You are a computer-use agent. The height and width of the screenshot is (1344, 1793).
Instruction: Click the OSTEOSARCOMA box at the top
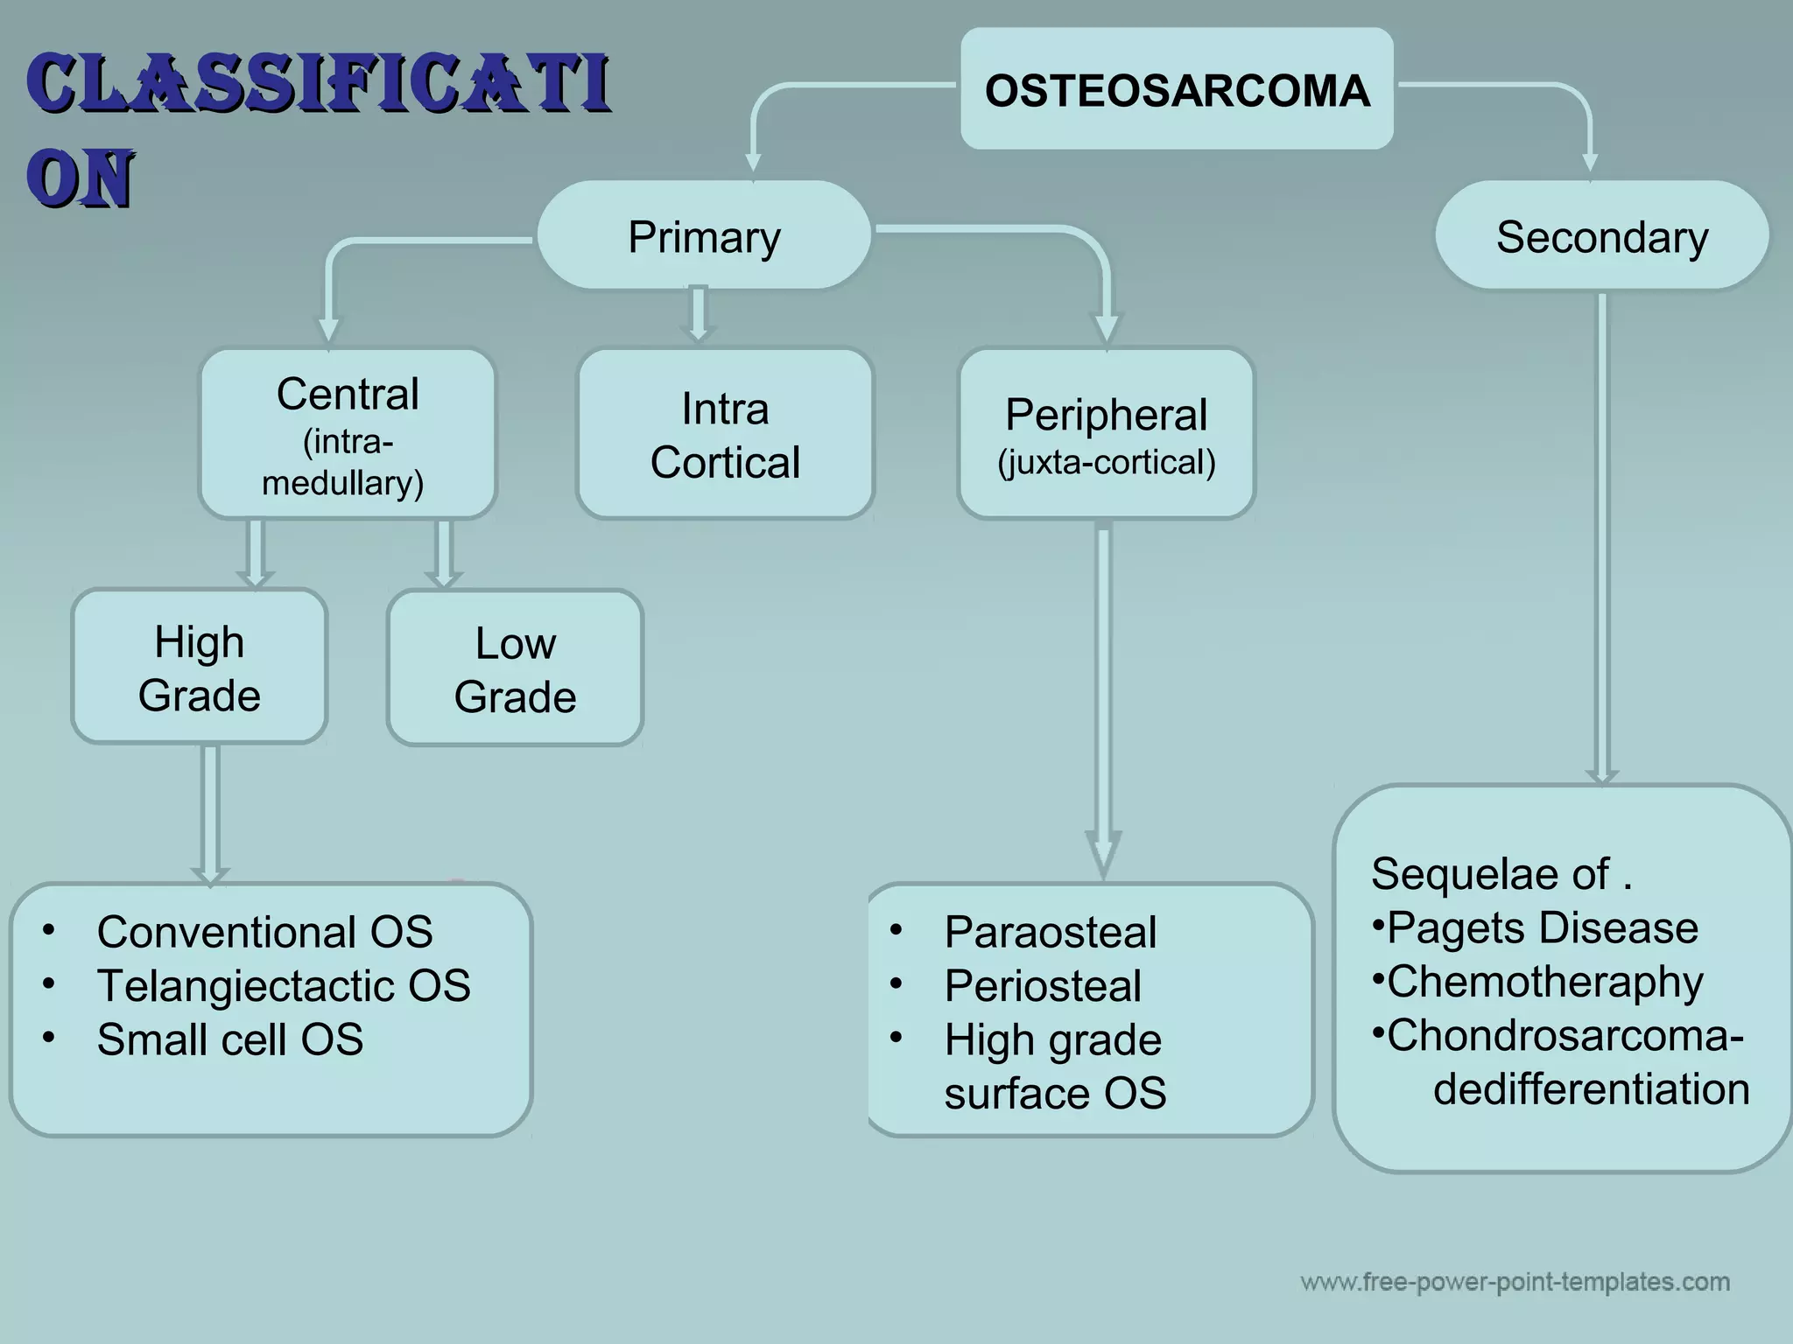(x=1177, y=90)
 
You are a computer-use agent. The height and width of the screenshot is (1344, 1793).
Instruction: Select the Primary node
(x=704, y=236)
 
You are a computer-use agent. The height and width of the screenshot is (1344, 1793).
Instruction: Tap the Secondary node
(x=1601, y=236)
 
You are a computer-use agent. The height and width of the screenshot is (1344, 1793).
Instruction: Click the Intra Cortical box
(x=725, y=435)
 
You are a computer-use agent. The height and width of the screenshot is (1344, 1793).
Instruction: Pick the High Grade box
(x=200, y=668)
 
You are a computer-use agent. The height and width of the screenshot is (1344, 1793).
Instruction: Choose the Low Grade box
(x=515, y=669)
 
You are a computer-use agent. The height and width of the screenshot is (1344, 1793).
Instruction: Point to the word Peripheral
(x=1106, y=415)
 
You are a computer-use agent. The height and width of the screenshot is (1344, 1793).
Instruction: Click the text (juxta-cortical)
(x=1107, y=462)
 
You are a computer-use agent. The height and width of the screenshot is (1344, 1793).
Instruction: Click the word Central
(x=348, y=394)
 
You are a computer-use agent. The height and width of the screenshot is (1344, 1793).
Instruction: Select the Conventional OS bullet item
(x=264, y=932)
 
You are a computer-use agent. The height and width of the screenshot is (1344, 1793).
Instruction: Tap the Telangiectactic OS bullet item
(x=283, y=986)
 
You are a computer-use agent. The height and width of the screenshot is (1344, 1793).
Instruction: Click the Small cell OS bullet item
(x=229, y=1039)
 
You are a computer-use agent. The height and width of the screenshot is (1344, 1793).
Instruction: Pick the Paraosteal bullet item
(x=1050, y=932)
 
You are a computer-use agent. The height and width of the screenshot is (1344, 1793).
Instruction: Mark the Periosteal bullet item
(x=1042, y=986)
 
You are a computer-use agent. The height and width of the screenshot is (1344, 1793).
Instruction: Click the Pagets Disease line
(x=1541, y=927)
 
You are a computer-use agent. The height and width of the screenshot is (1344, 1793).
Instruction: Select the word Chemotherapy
(x=1544, y=982)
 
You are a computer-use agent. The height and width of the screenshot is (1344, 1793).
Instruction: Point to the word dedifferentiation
(x=1591, y=1089)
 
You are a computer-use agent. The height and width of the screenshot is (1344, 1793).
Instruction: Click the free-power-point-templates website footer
(x=1515, y=1283)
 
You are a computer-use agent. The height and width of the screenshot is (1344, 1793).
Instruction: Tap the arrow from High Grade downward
(x=210, y=814)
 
